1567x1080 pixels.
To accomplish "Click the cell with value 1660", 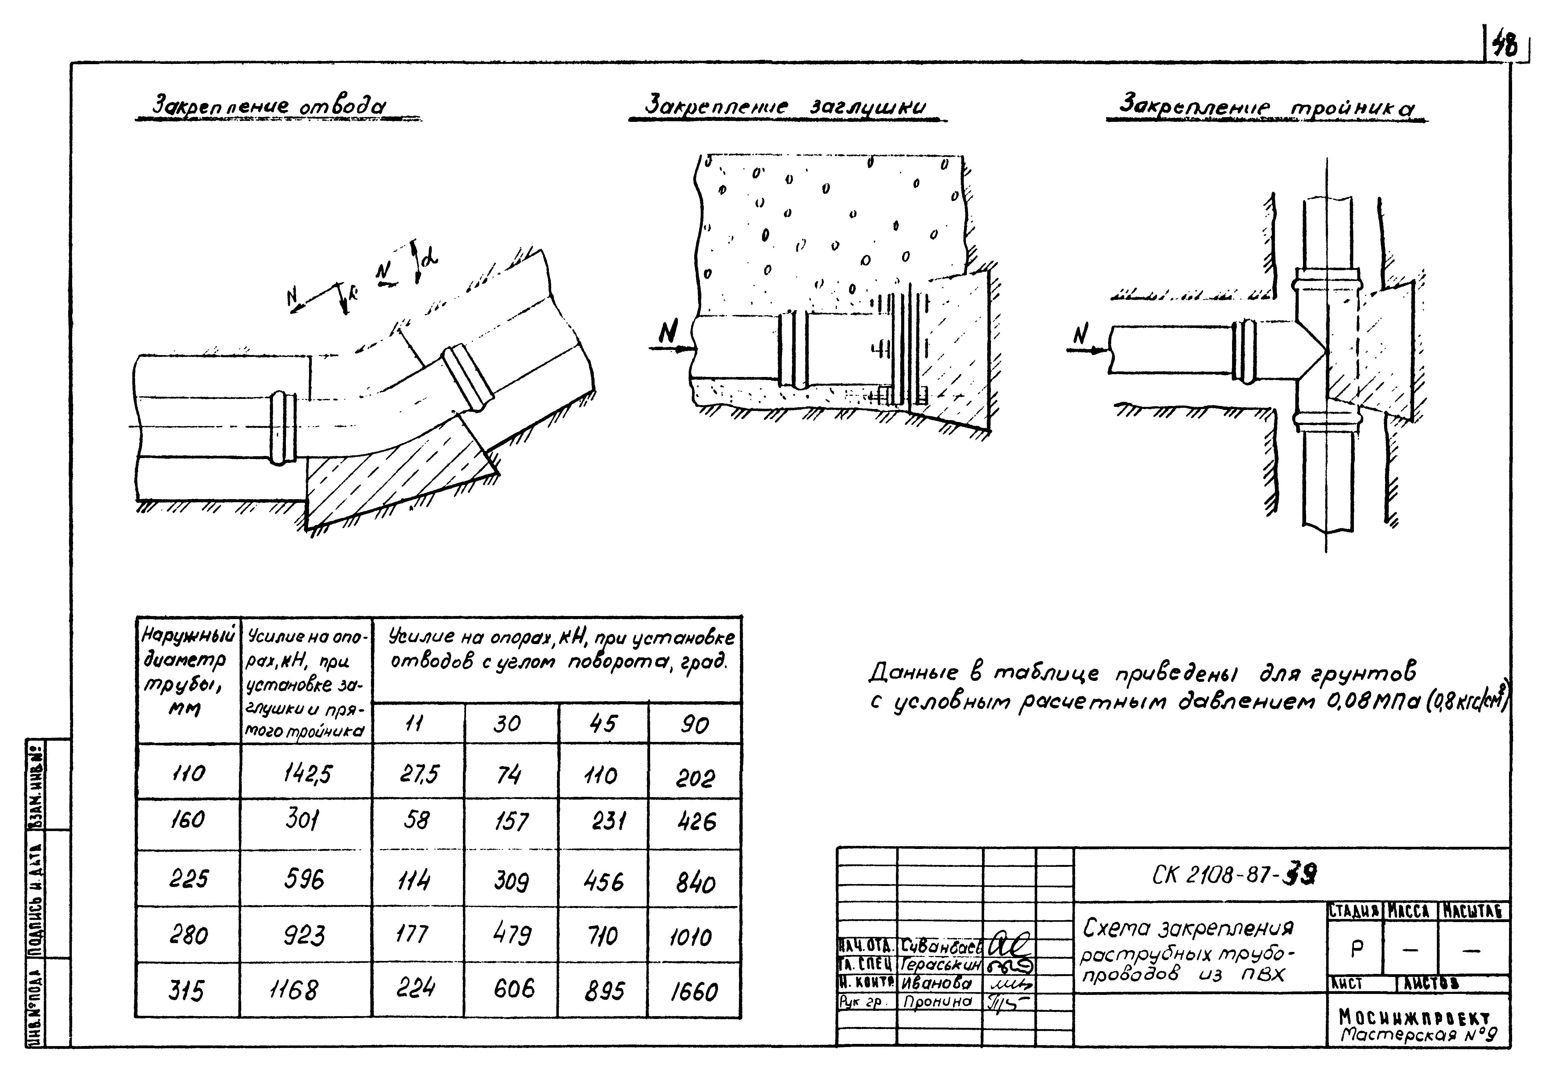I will point(694,992).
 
